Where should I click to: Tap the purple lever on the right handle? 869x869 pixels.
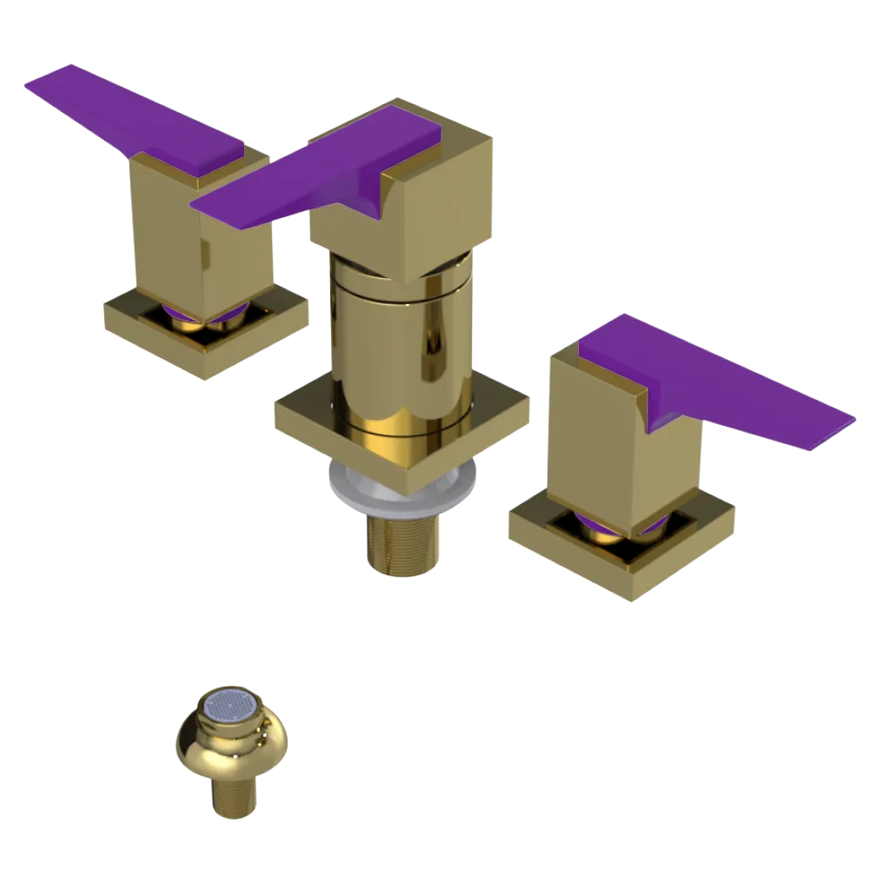[721, 382]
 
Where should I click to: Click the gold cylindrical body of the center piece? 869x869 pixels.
[400, 348]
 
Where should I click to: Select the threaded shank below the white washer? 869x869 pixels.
[401, 543]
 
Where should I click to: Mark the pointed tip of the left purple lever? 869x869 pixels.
[35, 82]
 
